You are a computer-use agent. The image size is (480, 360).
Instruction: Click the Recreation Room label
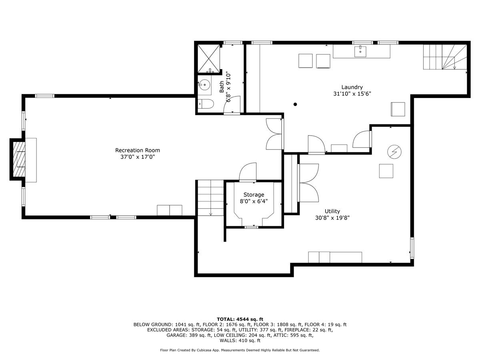[x=138, y=150]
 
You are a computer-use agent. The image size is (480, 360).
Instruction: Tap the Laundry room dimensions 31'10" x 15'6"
[x=352, y=94]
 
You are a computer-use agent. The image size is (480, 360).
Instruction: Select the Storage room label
[x=254, y=195]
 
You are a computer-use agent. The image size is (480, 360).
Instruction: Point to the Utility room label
[x=332, y=211]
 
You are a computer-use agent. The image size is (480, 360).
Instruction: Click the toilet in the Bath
[x=205, y=104]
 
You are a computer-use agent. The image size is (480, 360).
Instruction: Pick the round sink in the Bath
[x=204, y=84]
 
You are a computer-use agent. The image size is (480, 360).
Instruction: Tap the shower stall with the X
[x=209, y=58]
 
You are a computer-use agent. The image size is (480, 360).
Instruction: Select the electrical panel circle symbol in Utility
[x=394, y=152]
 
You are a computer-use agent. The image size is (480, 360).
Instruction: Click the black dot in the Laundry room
[x=295, y=104]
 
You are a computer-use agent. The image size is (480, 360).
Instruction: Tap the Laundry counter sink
[x=360, y=51]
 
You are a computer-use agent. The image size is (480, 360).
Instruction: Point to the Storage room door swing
[x=248, y=172]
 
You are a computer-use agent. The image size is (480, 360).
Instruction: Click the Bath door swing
[x=232, y=105]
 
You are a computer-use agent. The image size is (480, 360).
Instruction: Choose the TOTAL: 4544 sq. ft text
[x=240, y=319]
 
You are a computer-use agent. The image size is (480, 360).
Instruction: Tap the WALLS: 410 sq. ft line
[x=240, y=340]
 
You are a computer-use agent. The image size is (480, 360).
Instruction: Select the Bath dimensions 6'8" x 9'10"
[x=228, y=86]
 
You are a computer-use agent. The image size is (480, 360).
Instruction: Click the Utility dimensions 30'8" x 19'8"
[x=332, y=218]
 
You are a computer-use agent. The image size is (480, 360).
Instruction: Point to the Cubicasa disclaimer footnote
[x=240, y=350]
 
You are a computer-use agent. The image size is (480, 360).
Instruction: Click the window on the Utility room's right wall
[x=412, y=248]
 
